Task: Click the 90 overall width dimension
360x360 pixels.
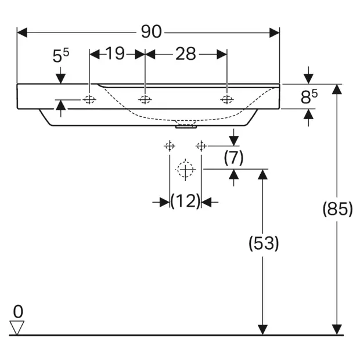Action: click(151, 32)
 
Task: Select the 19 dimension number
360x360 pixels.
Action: click(116, 54)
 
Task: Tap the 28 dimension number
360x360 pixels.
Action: click(185, 54)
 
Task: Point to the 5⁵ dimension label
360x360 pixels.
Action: click(60, 56)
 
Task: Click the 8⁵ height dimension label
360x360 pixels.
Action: click(308, 97)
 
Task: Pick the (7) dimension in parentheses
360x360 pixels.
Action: click(233, 157)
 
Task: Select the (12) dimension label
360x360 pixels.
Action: click(185, 201)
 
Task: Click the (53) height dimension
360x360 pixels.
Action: click(263, 244)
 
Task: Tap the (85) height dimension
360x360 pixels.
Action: click(337, 209)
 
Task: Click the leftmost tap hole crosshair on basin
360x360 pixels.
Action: click(89, 100)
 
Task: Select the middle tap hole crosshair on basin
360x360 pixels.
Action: click(145, 100)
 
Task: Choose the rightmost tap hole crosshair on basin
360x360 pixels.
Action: click(226, 100)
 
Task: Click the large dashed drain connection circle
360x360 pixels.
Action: click(185, 170)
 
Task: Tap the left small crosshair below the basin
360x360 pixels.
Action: click(170, 146)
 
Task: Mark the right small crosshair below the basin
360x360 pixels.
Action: click(201, 146)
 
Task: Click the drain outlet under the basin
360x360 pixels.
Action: click(186, 125)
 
